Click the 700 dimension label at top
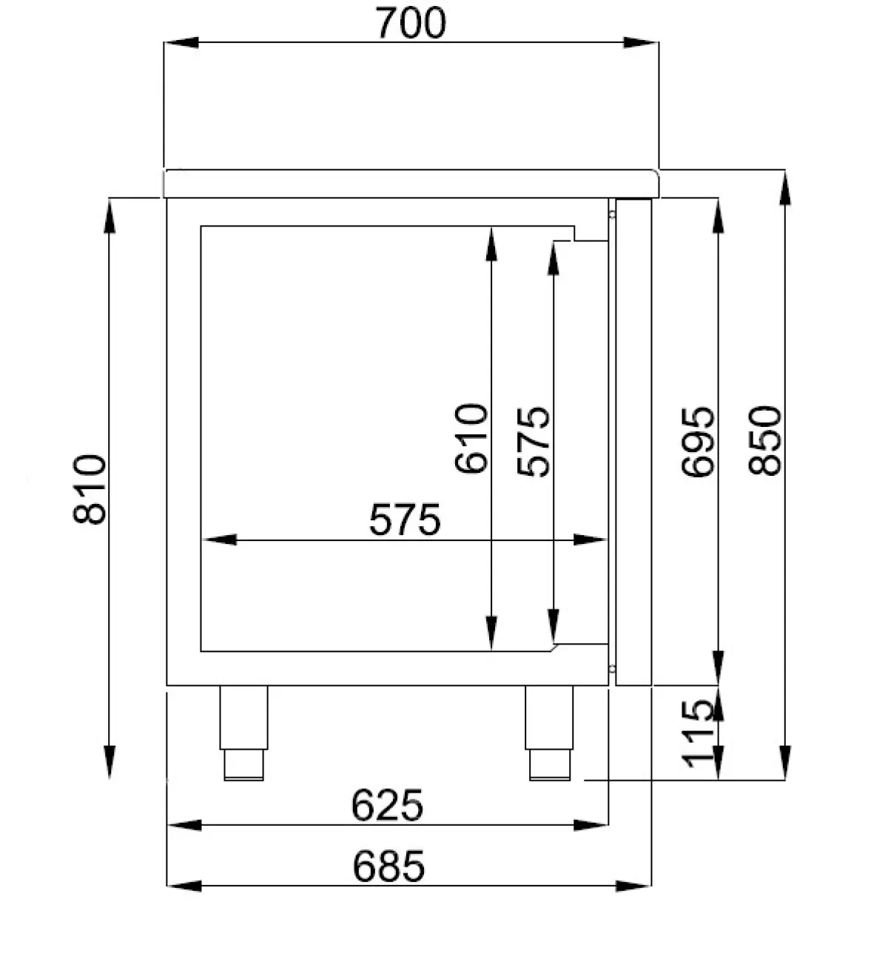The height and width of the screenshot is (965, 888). [x=410, y=23]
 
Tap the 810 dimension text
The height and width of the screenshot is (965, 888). [x=90, y=488]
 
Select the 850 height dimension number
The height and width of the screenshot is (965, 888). [x=765, y=440]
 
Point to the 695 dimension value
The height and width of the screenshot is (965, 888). [x=698, y=442]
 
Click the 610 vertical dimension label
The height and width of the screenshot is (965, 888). [x=471, y=438]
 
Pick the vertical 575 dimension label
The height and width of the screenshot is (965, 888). [x=533, y=442]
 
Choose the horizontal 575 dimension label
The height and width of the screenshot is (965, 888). [x=405, y=520]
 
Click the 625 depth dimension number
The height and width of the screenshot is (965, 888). [x=387, y=805]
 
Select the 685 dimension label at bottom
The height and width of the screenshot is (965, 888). [x=388, y=866]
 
